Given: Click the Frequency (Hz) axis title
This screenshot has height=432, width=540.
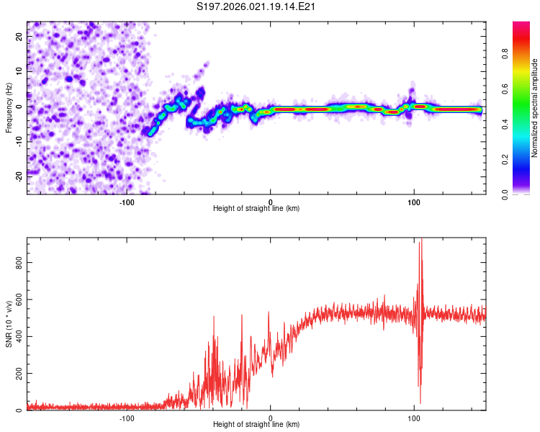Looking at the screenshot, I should pos(9,107).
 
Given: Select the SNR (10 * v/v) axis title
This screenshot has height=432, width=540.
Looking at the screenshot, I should pos(9,325).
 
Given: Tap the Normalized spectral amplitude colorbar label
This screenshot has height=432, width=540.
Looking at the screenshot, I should pos(535,107).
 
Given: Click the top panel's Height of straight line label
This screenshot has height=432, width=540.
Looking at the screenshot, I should pos(256,208).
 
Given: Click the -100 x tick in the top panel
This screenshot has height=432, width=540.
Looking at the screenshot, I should pos(127,202).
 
